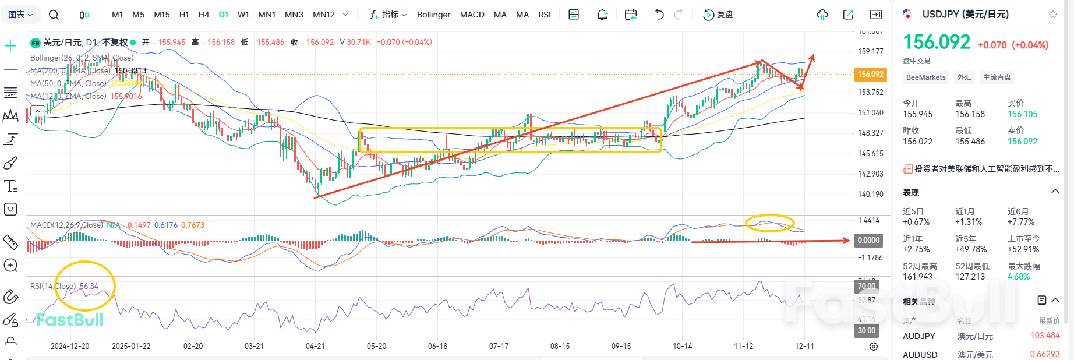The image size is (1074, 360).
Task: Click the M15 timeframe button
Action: coord(162,15)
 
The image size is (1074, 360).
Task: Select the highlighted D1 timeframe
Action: coord(224,15)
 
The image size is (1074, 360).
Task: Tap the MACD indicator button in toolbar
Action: coord(472,15)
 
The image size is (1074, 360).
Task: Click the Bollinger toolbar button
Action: coord(433,15)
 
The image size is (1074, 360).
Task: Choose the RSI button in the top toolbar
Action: coord(545,15)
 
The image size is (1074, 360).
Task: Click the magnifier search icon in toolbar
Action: coord(54,15)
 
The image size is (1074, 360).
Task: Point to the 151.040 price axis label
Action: coord(870,112)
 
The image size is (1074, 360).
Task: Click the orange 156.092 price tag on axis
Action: coord(870,74)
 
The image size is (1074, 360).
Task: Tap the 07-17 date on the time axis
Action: coord(499,346)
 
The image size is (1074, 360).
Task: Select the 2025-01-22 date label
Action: coord(131,346)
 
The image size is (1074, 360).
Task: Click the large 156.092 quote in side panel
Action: coord(937,42)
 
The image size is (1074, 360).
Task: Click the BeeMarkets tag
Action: coord(925,77)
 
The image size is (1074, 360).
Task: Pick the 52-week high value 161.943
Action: coord(917,277)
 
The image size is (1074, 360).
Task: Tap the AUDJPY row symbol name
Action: coord(919,336)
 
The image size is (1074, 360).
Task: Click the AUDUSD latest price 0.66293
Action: coord(1045,354)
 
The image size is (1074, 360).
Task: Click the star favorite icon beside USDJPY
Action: coord(1052,15)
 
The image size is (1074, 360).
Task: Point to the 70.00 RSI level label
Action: coord(866,286)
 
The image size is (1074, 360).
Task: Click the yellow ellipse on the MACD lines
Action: coord(770,223)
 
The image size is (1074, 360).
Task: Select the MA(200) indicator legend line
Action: coord(87,70)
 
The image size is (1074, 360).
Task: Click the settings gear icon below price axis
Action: coord(874,347)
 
